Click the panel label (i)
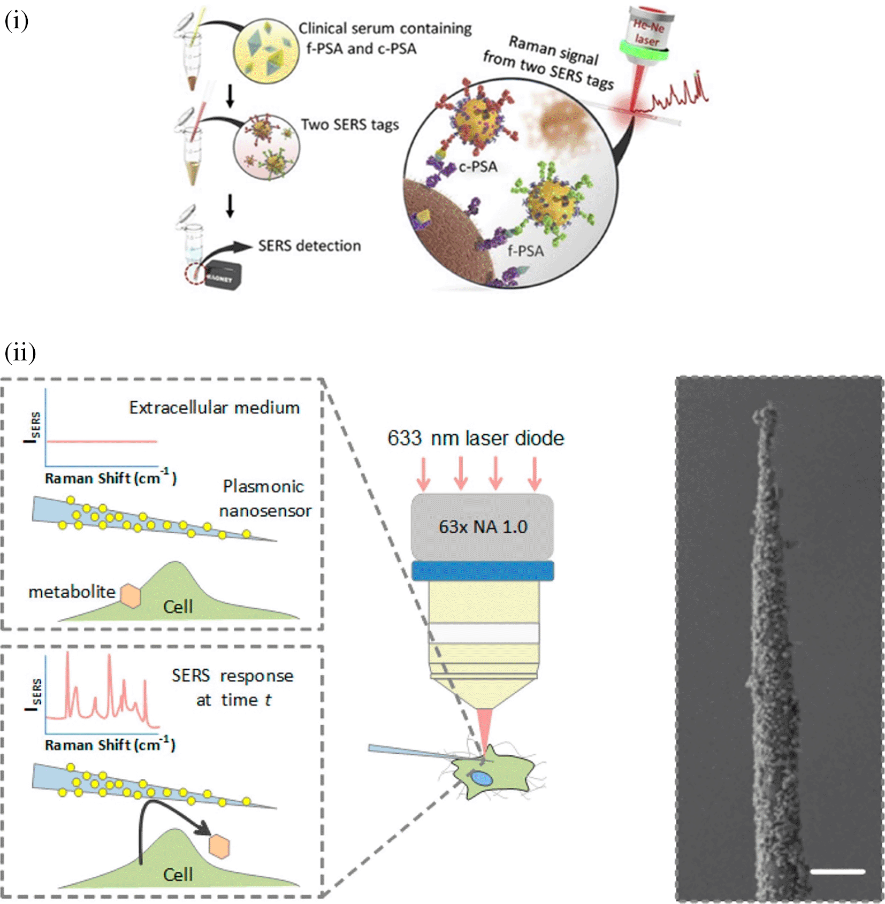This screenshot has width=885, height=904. click(16, 21)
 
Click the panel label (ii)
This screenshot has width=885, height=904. click(20, 353)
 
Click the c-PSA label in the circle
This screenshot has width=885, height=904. click(478, 167)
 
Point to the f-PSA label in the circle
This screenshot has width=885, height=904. click(525, 250)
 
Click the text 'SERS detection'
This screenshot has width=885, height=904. click(309, 246)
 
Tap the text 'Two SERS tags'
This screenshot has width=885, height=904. click(349, 125)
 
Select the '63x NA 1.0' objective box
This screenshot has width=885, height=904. click(482, 526)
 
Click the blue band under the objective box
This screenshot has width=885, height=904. click(482, 571)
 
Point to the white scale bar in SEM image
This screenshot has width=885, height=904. click(837, 872)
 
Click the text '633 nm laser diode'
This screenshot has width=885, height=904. click(476, 438)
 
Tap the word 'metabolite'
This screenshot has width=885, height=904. click(72, 592)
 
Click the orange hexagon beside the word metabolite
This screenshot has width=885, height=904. click(130, 595)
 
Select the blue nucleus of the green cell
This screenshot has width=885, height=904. click(481, 777)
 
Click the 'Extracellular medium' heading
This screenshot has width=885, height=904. click(214, 408)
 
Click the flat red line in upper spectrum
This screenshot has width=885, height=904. click(102, 441)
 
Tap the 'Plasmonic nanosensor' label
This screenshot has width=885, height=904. click(264, 498)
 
